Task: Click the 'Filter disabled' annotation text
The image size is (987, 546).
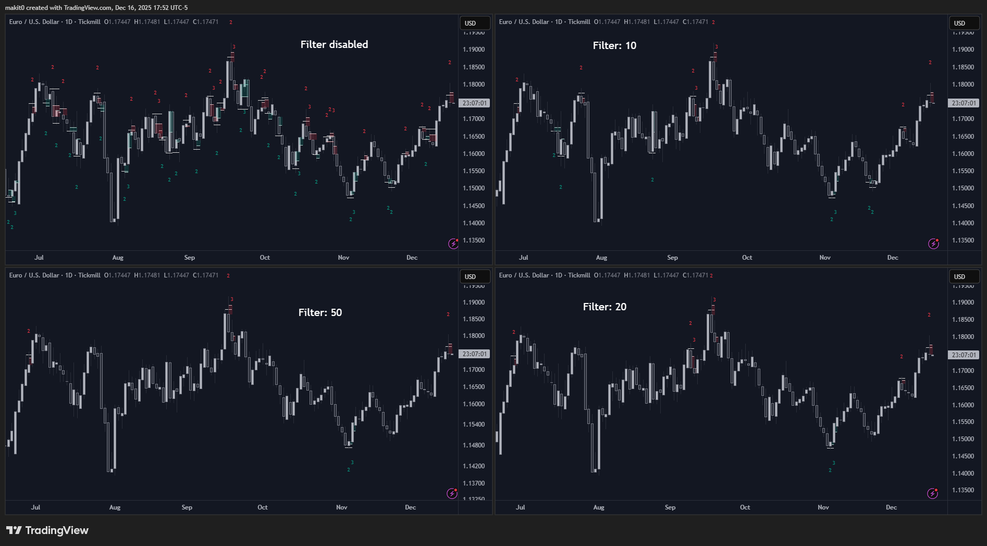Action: click(334, 45)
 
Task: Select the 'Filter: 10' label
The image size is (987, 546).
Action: click(614, 46)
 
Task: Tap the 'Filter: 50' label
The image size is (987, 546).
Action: click(320, 312)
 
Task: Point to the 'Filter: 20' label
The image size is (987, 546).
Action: click(604, 307)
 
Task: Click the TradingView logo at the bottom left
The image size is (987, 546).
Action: click(47, 530)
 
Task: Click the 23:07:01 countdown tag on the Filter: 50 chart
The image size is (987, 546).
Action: click(474, 354)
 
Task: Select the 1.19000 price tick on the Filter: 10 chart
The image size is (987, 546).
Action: click(963, 50)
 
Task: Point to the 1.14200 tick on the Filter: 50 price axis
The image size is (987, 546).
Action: click(474, 466)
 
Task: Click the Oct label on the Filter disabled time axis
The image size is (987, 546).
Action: click(265, 258)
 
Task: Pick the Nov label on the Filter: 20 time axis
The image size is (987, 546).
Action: click(823, 507)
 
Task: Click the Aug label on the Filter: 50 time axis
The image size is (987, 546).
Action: click(115, 507)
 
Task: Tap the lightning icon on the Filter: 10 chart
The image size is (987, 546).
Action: click(933, 244)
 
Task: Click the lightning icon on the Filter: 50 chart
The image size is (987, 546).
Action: click(452, 493)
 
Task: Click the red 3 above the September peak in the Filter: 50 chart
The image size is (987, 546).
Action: click(232, 299)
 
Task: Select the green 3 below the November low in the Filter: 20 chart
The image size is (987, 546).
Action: click(834, 463)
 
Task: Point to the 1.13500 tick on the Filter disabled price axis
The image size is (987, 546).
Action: click(474, 240)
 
